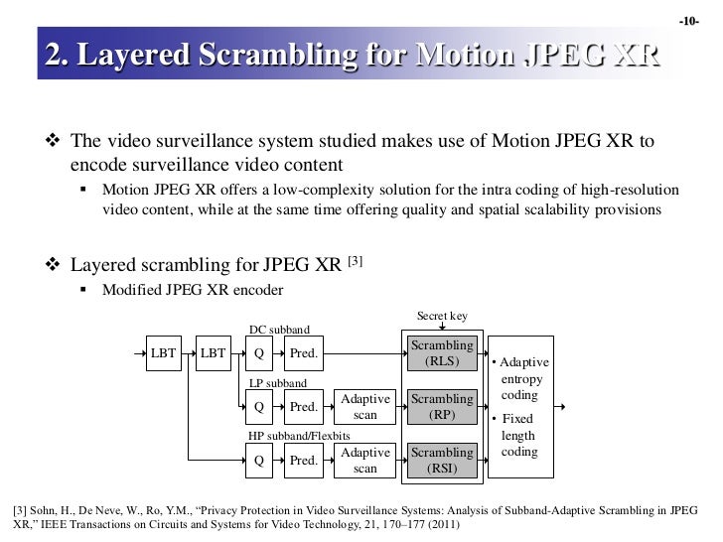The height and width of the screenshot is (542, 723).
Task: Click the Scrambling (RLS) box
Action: click(442, 353)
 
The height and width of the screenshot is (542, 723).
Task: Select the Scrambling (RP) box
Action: click(442, 406)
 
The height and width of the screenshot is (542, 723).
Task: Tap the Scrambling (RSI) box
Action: click(442, 460)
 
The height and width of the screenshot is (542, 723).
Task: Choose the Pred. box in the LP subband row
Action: click(304, 406)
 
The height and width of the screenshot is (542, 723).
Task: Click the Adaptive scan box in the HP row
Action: click(365, 460)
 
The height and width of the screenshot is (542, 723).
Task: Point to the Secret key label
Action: click(442, 317)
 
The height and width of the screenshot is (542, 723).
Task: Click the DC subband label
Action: click(279, 330)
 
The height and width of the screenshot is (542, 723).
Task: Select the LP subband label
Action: click(277, 382)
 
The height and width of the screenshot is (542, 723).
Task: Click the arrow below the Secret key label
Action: click(442, 328)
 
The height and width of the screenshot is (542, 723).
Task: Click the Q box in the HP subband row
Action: click(259, 460)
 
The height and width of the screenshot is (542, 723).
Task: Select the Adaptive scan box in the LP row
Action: click(365, 406)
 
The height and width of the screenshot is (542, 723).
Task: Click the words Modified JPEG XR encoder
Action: click(193, 291)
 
